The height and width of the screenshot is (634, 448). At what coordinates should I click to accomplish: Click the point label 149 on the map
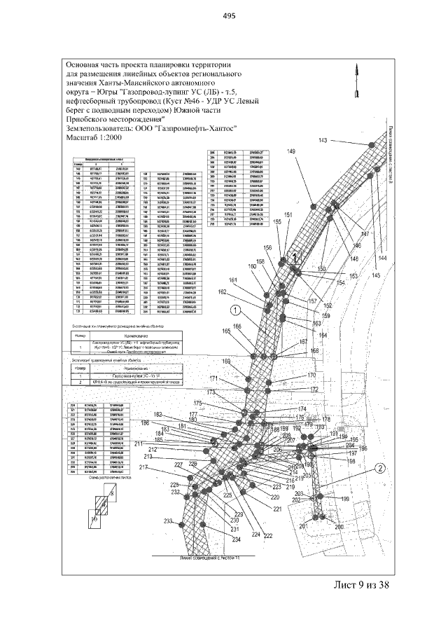(291, 153)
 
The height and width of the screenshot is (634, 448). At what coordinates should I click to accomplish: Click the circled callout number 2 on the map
(379, 469)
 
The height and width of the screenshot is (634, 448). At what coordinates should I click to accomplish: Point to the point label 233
(168, 521)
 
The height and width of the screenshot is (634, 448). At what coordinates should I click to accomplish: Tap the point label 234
(237, 540)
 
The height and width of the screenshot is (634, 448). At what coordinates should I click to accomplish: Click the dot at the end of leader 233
(183, 523)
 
